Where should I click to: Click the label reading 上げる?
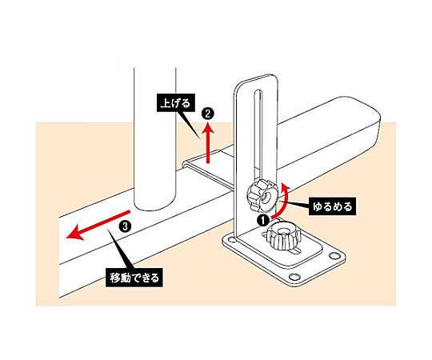pos(175,103)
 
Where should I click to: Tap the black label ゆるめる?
pos(332,206)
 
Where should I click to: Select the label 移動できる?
pos(134,278)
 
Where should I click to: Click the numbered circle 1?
pos(264,220)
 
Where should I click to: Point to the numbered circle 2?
pos(208,114)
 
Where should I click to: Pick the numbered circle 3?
pos(125,226)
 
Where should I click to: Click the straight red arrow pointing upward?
pos(209,142)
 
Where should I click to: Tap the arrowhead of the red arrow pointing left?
pos(75,233)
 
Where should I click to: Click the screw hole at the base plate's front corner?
pos(294,276)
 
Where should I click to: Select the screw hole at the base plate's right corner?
pos(334,256)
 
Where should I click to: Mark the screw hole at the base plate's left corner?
pos(230,241)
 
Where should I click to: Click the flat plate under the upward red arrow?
pos(210,169)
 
